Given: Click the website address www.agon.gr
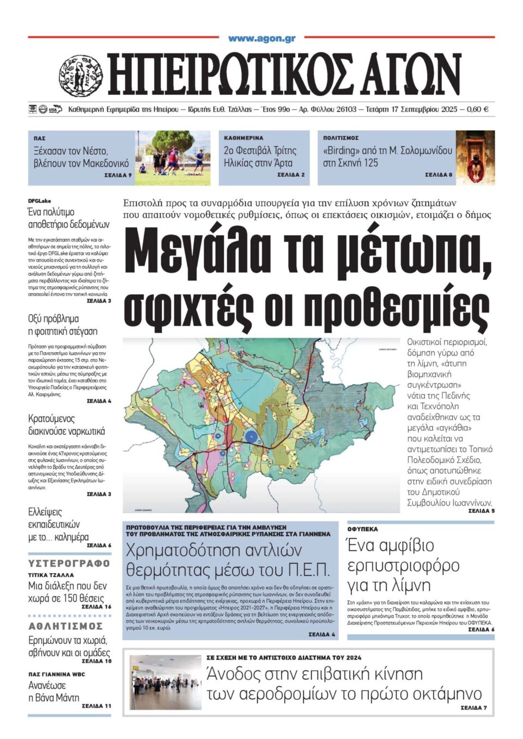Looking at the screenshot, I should (x=261, y=38).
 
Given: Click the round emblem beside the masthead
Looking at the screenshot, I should (x=81, y=75).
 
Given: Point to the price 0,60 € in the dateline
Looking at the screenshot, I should (x=478, y=109).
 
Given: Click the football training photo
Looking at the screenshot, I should (x=172, y=158).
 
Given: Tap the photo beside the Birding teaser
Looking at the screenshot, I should (x=475, y=158).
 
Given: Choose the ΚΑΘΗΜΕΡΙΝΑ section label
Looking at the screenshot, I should (x=243, y=138).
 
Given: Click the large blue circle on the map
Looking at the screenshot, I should (x=251, y=436).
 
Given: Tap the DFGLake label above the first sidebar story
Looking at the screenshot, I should (x=39, y=201).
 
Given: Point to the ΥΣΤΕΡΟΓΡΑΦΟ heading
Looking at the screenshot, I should (x=69, y=563).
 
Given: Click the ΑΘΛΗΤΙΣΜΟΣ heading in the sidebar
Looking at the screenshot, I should (x=65, y=626).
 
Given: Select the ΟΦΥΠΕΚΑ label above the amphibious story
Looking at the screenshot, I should (x=363, y=529).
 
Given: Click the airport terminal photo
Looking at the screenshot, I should (x=166, y=682).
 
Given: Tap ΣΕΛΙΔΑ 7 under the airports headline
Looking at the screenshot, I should (x=473, y=708).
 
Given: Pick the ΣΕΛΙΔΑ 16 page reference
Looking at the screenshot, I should (x=96, y=606).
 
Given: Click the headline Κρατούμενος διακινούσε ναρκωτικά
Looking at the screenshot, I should (x=66, y=425).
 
